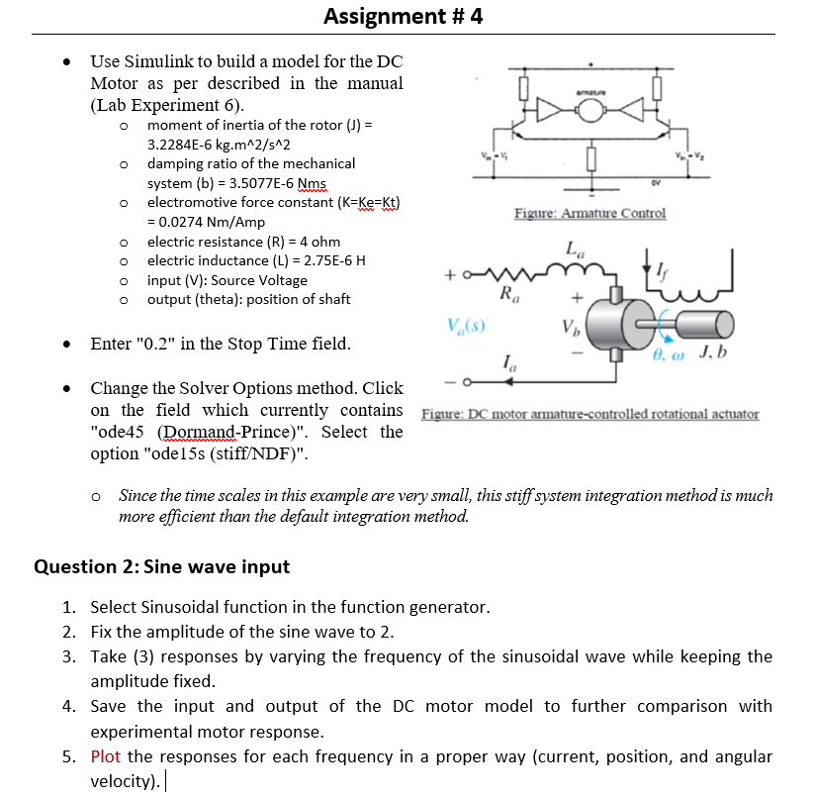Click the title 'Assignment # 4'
coord(403,16)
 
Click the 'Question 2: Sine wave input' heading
coord(161,566)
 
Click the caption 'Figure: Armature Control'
coord(589,214)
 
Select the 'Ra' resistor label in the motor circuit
coord(507,293)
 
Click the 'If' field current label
coord(661,260)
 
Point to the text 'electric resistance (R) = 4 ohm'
coord(243,242)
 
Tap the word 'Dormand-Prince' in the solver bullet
coord(217,432)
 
